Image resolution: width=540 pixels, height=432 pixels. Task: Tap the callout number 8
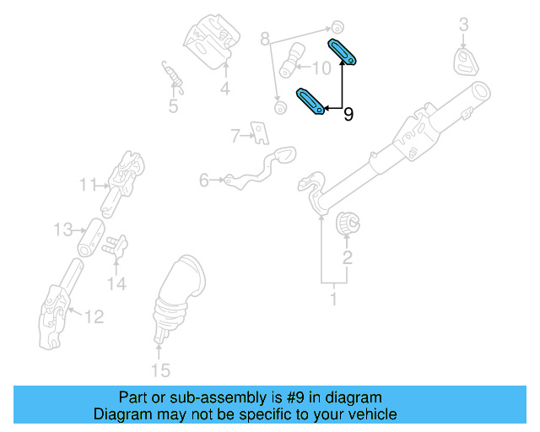tap(264, 39)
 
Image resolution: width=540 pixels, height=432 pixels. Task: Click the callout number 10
tap(323, 67)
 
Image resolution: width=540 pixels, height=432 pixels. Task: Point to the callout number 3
tap(462, 26)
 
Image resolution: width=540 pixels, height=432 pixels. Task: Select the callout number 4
tap(225, 88)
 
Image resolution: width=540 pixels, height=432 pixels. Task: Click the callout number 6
tap(204, 180)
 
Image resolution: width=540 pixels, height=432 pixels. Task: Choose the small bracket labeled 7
tap(260, 132)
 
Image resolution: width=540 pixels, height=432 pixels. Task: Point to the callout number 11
tap(89, 184)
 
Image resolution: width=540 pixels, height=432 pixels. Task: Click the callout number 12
tap(94, 317)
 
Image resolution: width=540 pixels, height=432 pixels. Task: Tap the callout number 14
tap(116, 284)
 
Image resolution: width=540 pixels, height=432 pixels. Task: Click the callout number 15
tap(159, 370)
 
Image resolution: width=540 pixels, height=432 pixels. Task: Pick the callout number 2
tap(347, 256)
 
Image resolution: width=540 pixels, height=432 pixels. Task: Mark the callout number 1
tap(332, 299)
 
